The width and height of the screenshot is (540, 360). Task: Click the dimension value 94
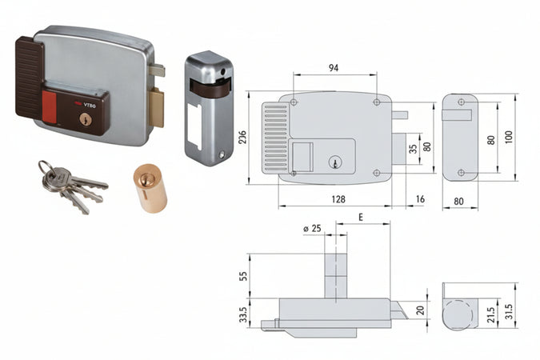[334, 68]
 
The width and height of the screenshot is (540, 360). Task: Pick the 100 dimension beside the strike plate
[510, 135]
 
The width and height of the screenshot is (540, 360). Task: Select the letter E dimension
[362, 217]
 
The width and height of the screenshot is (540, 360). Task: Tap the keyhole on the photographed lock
[86, 120]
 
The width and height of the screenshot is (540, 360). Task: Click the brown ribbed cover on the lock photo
[29, 76]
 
